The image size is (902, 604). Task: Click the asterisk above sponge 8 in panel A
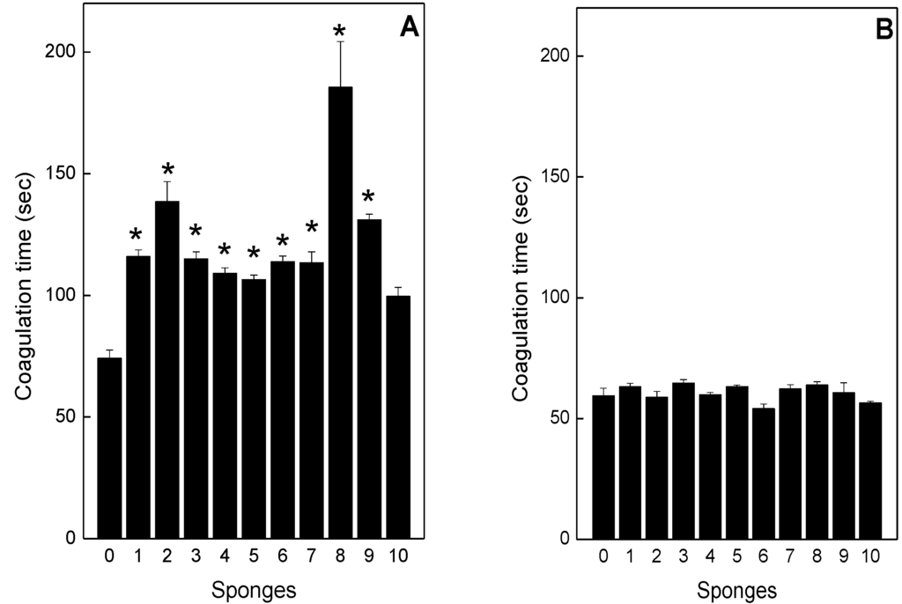[x=340, y=33]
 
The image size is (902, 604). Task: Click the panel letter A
[x=410, y=28]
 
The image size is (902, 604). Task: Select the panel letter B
[x=884, y=31]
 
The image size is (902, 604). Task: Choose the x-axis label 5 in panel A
[x=254, y=556]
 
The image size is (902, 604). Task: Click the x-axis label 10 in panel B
[x=870, y=556]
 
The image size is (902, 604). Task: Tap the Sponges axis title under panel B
[x=736, y=588]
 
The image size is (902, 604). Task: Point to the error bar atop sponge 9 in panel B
[x=843, y=387]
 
